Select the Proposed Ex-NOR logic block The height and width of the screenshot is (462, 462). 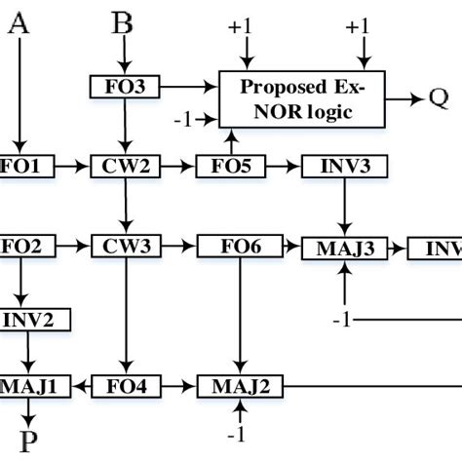pos(302,98)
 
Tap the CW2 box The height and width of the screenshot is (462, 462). pos(121,167)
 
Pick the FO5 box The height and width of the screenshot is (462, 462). pos(230,167)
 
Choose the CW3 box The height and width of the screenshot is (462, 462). pos(121,246)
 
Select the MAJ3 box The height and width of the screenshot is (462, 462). pos(341,249)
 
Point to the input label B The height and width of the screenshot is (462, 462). pos(121,21)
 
